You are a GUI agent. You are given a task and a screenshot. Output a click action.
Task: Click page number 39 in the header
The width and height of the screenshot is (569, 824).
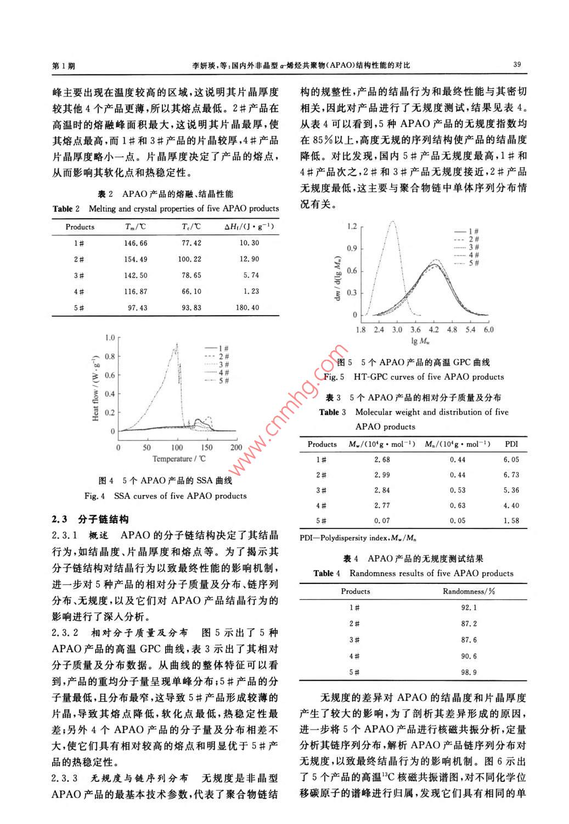click(x=517, y=64)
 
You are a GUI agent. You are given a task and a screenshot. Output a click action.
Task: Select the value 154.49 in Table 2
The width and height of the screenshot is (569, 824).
click(x=136, y=259)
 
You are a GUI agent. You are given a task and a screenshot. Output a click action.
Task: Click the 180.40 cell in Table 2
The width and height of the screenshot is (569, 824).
click(x=247, y=308)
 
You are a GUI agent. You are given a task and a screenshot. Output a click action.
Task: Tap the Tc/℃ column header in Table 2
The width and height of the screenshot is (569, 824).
click(x=191, y=226)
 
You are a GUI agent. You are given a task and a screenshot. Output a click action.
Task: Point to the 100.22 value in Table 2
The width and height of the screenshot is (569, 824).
click(x=190, y=259)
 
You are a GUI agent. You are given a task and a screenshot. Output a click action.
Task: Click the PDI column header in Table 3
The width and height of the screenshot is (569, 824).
click(x=511, y=444)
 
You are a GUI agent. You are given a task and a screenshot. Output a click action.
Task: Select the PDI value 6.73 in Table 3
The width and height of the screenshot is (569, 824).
click(x=511, y=475)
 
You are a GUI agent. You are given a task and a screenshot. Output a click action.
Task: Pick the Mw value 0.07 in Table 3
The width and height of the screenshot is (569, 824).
click(x=382, y=520)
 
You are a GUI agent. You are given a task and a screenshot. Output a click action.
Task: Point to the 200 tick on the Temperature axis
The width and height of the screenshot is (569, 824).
click(x=236, y=447)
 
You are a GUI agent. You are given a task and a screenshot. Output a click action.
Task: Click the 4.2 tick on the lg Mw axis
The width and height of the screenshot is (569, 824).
click(x=433, y=329)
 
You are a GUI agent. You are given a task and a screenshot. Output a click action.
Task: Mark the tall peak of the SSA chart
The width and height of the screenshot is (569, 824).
click(x=177, y=345)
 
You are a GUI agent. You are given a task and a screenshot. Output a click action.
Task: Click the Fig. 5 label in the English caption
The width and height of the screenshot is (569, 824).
click(x=334, y=377)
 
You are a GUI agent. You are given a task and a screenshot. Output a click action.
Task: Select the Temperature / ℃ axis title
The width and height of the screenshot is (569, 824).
click(x=179, y=459)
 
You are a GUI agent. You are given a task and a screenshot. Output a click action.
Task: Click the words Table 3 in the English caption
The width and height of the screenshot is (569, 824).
click(x=333, y=412)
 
